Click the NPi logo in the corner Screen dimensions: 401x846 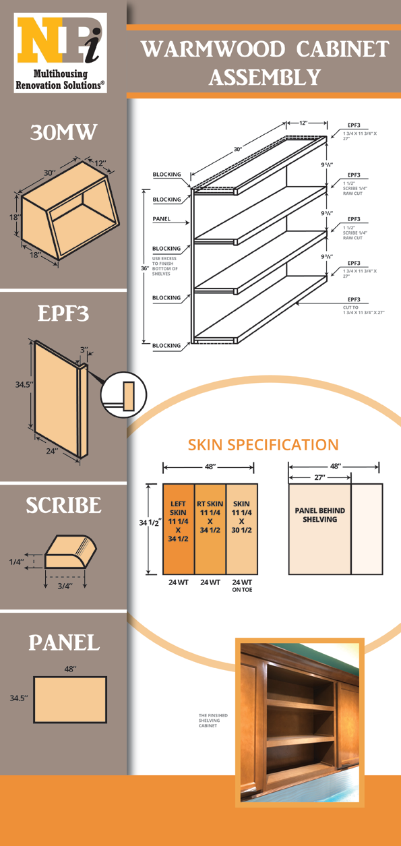[x=61, y=53]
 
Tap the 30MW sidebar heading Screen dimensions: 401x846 [x=63, y=132]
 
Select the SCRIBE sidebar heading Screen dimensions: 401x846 [x=63, y=505]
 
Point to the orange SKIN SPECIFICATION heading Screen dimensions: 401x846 [x=264, y=444]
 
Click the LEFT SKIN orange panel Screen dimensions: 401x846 [x=179, y=529]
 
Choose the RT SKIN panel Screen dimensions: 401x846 [x=210, y=529]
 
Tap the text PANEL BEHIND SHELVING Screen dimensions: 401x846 [x=320, y=515]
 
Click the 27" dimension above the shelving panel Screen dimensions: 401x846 [x=319, y=478]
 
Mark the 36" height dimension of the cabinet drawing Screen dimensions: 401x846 [x=145, y=268]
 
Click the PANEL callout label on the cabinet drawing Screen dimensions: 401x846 [x=161, y=218]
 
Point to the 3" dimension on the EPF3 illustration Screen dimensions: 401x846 [x=84, y=350]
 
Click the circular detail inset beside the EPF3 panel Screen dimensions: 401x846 [x=123, y=395]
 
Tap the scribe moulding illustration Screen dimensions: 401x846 [x=71, y=552]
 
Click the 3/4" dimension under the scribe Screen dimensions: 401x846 [x=65, y=586]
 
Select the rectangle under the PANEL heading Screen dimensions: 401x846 [x=70, y=700]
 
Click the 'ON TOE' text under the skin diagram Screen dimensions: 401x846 [x=242, y=590]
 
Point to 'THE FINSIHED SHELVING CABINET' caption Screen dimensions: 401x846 [x=214, y=720]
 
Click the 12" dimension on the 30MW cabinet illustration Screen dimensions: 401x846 [x=100, y=163]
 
